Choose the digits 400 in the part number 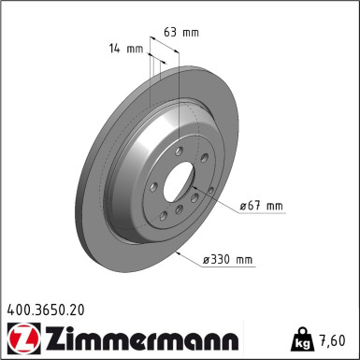click(18, 308)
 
